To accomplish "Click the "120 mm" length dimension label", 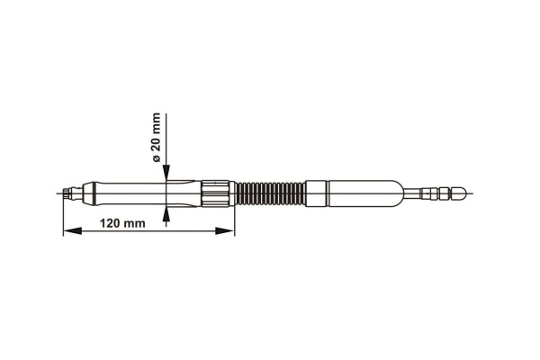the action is pos(122,223).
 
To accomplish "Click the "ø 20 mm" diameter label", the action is pos(156,137).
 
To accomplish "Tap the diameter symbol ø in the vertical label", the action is pos(156,158).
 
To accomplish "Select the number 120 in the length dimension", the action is pos(110,223).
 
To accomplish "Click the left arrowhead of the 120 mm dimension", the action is pos(73,230).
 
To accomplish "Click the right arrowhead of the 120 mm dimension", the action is pos(224,230).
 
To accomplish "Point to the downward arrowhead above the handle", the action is pos(166,172).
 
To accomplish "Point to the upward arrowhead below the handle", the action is pos(166,214).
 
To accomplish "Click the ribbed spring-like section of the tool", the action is pos(270,193).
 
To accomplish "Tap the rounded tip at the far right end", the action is pos(459,193).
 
